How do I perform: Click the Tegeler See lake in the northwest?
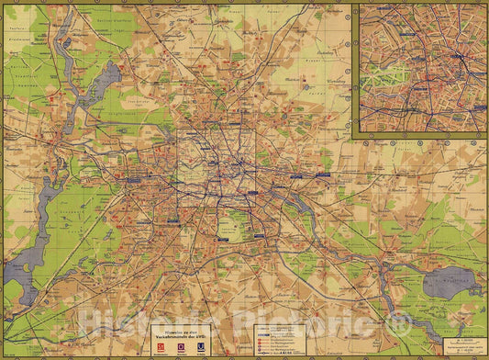click(x=102, y=81)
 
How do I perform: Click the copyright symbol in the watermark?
click(x=398, y=323)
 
